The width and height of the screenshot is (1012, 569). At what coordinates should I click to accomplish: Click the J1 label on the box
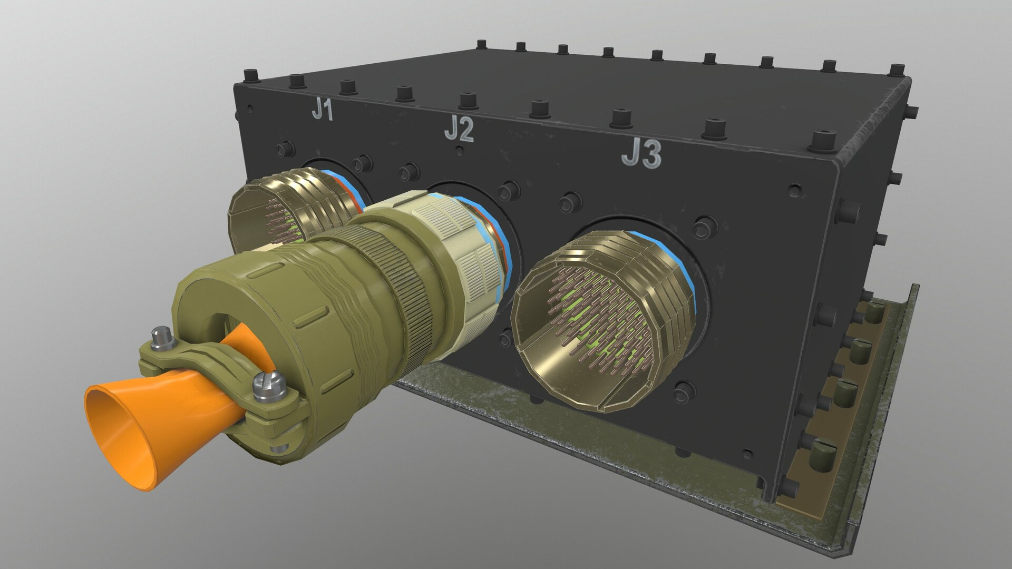(x=323, y=110)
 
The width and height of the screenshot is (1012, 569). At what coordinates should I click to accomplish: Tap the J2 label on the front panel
(x=459, y=129)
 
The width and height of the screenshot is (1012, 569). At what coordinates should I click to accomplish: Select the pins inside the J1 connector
(x=279, y=221)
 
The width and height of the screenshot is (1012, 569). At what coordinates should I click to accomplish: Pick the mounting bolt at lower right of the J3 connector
(x=684, y=391)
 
